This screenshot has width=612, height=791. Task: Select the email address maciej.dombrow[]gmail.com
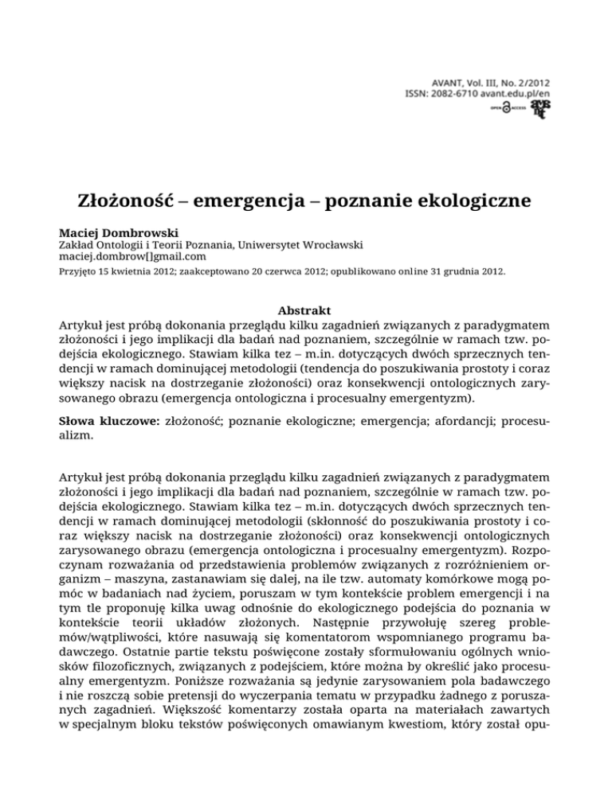[133, 263]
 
